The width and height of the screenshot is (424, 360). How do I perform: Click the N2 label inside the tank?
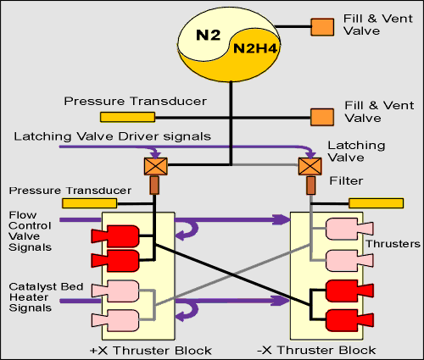[208, 35]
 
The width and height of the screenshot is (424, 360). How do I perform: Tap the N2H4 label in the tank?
[255, 48]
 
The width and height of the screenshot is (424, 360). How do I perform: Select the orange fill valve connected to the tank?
[322, 27]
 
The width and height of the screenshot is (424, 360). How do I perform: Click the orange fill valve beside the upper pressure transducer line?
[322, 117]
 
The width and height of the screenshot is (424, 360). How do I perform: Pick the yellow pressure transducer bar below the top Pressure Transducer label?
[127, 117]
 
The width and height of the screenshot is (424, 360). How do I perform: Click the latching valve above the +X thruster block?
[156, 166]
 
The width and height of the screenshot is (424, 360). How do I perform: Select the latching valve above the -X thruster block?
[310, 166]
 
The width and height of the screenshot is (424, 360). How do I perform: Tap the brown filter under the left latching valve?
[154, 186]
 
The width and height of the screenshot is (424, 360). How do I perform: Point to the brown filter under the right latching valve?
[311, 186]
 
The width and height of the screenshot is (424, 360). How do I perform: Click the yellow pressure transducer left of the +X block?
[89, 203]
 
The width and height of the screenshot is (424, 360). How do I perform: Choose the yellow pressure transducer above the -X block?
[376, 203]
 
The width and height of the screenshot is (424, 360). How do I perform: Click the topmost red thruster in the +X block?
[115, 236]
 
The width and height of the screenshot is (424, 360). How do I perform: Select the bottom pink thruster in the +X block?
[115, 320]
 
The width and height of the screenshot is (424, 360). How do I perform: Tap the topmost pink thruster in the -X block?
[349, 229]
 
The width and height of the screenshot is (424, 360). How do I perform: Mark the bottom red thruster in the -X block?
[349, 320]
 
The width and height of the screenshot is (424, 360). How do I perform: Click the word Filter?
[346, 180]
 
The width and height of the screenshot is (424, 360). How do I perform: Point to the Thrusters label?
[393, 244]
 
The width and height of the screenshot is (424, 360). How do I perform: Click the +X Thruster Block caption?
[151, 351]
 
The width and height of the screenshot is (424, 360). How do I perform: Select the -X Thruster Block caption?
[316, 350]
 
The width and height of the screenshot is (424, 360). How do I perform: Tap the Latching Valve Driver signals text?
[113, 136]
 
